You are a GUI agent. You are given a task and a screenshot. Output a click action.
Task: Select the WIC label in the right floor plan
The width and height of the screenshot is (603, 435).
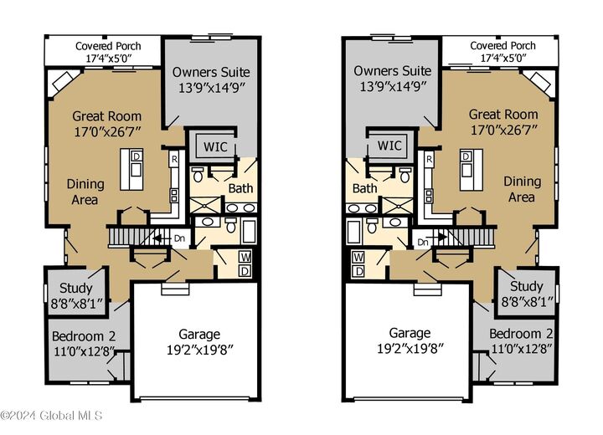(389, 146)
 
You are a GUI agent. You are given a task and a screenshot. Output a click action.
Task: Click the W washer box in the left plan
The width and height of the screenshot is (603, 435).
(245, 257)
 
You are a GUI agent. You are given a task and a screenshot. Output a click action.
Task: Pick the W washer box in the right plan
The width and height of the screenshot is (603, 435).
(358, 257)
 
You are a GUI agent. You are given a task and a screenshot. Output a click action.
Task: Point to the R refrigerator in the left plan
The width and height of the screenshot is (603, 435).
(174, 158)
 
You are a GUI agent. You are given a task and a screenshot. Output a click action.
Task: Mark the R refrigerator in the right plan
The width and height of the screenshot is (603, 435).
(429, 158)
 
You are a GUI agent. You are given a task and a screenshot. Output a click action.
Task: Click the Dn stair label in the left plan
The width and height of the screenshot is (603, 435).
(178, 238)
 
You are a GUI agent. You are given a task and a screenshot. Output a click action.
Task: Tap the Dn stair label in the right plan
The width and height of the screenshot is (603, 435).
(423, 242)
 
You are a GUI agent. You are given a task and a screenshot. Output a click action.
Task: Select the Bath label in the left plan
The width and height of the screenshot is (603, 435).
(240, 189)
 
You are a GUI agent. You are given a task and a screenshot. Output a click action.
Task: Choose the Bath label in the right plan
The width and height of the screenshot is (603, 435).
(364, 189)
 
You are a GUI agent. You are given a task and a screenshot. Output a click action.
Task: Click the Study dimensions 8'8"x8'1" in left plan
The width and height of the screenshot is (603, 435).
(75, 303)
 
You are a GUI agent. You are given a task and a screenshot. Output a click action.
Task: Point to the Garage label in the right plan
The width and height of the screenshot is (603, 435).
(410, 332)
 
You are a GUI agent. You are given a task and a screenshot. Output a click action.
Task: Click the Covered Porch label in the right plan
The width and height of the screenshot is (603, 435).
(502, 45)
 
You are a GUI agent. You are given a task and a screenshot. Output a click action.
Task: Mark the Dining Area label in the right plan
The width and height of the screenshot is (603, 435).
(522, 189)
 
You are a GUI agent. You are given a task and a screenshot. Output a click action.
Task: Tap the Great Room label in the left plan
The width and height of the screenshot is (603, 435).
(106, 115)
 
